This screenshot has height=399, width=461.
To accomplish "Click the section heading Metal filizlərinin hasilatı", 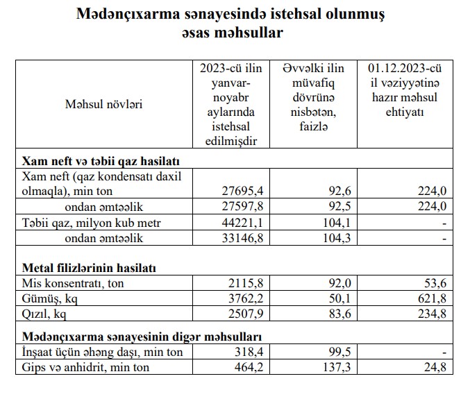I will tap(89, 267).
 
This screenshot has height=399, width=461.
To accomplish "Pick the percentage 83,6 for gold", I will tap(335, 315).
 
